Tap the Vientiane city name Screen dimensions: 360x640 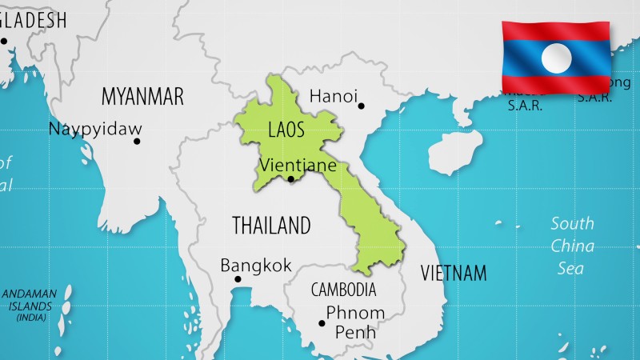pyautogui.click(x=297, y=166)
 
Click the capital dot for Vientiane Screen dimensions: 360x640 pyautogui.click(x=291, y=179)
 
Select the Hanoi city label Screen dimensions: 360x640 pyautogui.click(x=333, y=96)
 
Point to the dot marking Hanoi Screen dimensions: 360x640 pyautogui.click(x=361, y=106)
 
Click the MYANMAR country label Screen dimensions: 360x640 pyautogui.click(x=142, y=97)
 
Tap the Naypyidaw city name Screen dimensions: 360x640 pyautogui.click(x=95, y=129)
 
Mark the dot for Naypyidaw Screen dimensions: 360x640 pyautogui.click(x=137, y=142)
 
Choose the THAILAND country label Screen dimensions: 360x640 pyautogui.click(x=271, y=226)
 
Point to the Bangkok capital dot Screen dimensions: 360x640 pyautogui.click(x=238, y=279)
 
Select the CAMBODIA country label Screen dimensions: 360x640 pyautogui.click(x=343, y=289)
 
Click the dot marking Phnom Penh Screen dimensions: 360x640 pyautogui.click(x=322, y=323)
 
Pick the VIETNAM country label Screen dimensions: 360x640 pyautogui.click(x=454, y=273)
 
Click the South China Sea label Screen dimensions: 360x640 pyautogui.click(x=572, y=246)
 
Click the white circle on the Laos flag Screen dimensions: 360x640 pyautogui.click(x=557, y=57)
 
